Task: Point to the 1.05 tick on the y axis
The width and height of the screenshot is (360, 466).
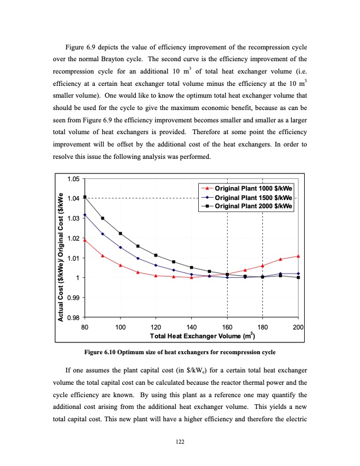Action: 74,179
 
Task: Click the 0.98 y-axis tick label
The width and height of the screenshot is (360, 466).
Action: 74,318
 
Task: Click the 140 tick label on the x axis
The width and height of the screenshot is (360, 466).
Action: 191,327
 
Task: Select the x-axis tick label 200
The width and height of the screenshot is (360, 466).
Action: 298,327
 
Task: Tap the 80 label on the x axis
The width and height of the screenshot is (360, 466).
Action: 85,327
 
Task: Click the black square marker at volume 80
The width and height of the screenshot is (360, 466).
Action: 85,197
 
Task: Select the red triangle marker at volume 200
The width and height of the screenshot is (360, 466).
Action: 298,256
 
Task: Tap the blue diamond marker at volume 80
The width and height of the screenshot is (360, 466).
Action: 85,215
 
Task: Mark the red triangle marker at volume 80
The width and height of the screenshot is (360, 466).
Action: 85,240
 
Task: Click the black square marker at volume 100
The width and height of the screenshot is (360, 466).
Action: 120,234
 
